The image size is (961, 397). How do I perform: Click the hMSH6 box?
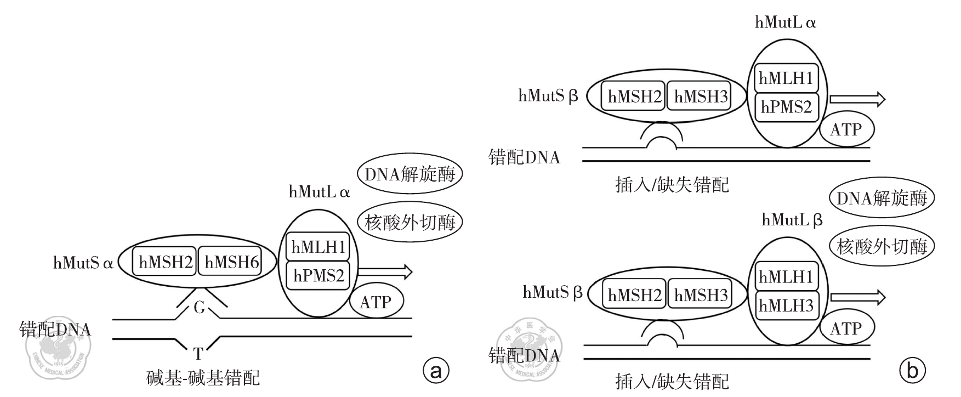point(231,262)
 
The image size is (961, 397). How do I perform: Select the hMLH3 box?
point(786,305)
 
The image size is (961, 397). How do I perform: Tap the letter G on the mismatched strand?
point(199,308)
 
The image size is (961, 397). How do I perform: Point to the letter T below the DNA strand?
point(198,353)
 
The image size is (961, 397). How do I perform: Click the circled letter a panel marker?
point(436,371)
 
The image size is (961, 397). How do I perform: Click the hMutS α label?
point(83,263)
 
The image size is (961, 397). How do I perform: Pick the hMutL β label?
point(792,220)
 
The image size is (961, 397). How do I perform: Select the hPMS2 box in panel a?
point(319,275)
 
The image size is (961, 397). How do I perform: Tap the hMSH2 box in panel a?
point(166,262)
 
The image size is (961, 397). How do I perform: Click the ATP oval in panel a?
point(376,302)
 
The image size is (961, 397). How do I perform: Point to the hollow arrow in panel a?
point(385,271)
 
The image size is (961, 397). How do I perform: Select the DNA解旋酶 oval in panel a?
point(410,175)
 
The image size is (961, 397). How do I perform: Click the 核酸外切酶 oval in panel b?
point(882,246)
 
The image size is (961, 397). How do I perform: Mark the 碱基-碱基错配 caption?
point(203,378)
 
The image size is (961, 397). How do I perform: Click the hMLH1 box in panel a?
point(319,247)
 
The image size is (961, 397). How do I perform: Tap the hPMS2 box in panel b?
point(786,107)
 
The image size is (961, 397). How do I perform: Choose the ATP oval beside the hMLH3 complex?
point(846,328)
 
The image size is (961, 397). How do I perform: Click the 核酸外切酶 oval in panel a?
point(410,222)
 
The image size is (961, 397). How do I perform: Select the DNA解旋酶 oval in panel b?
point(882,198)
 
